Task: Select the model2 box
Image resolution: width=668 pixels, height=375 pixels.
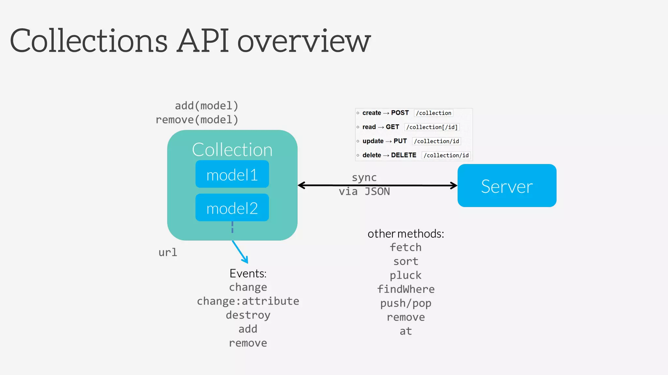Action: tap(232, 208)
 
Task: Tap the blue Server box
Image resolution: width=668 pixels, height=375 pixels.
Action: tap(507, 186)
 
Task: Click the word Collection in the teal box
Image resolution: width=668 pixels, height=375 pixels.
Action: tap(232, 150)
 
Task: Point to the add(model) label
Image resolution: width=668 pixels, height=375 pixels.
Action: tap(206, 106)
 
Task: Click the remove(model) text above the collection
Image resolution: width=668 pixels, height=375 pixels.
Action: tap(197, 120)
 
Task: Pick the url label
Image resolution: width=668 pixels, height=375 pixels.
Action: tap(168, 252)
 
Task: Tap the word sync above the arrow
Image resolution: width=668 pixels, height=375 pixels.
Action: tap(364, 178)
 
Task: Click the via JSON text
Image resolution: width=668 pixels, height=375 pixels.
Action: tap(364, 191)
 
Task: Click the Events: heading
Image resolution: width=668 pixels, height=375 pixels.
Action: tap(248, 273)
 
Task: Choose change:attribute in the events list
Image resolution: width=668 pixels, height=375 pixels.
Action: tap(248, 301)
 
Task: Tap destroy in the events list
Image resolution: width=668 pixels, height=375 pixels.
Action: tap(248, 315)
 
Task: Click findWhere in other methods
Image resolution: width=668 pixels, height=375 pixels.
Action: tap(406, 289)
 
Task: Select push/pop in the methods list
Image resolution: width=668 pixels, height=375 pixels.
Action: tap(406, 303)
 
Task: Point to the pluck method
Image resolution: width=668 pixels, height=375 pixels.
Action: tap(406, 275)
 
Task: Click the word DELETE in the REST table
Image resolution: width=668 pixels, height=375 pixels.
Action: tap(403, 155)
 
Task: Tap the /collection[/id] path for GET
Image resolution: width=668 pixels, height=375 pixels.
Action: tap(432, 127)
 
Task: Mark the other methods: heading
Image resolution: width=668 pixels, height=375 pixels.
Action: tap(406, 234)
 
